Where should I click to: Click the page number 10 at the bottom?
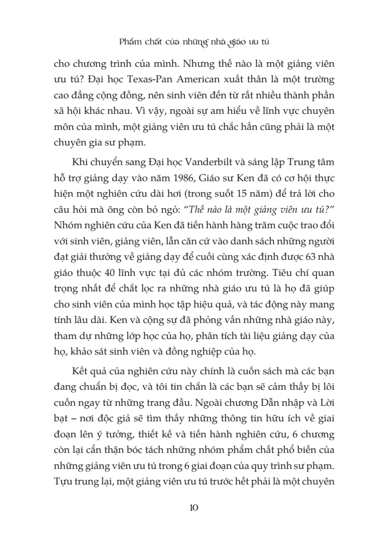pos(190,506)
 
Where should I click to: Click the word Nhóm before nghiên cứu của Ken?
pos(67,229)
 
